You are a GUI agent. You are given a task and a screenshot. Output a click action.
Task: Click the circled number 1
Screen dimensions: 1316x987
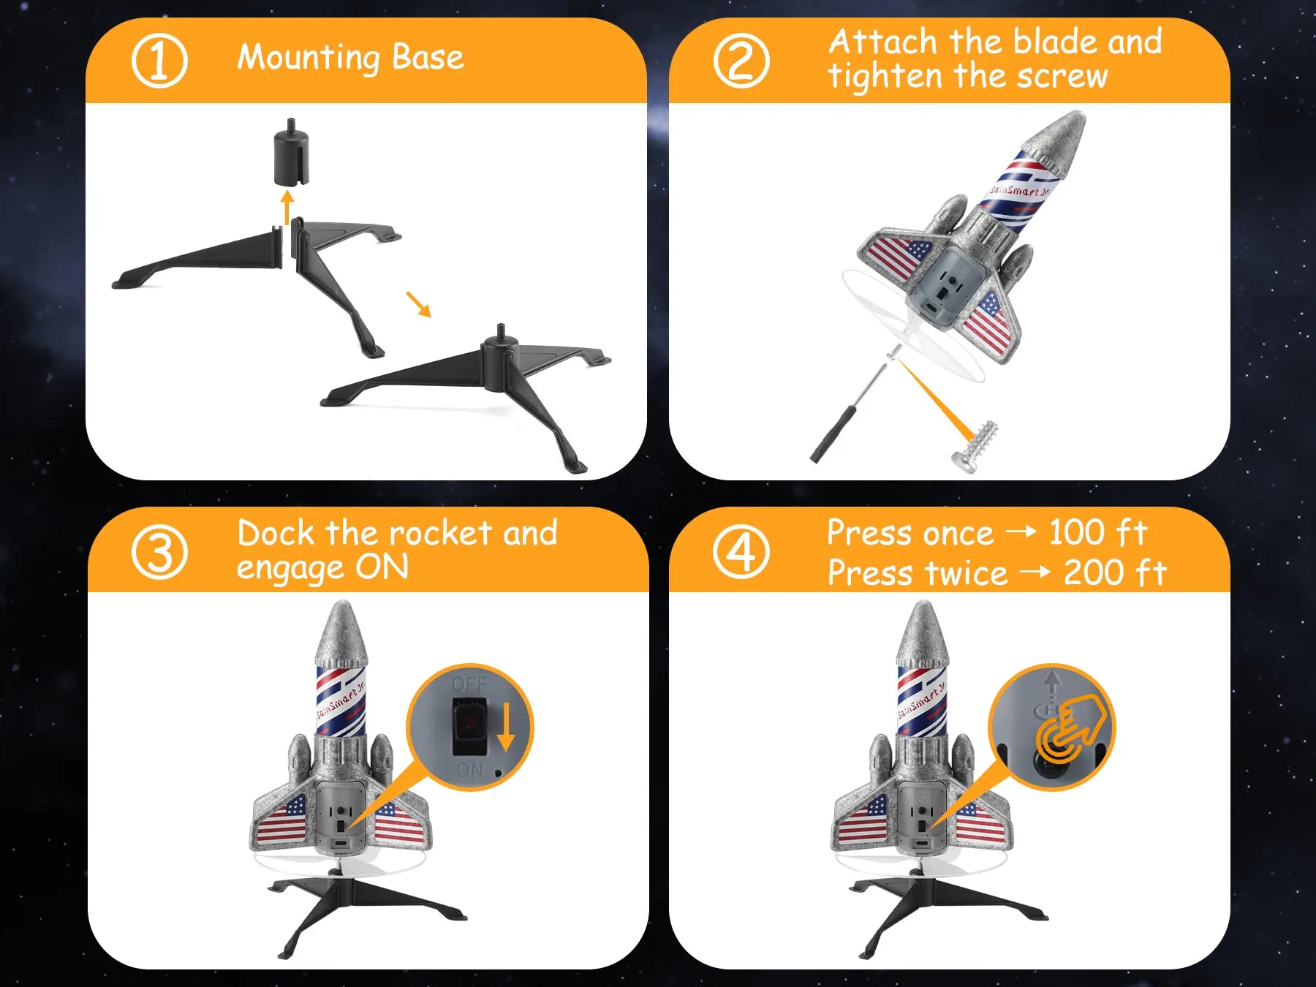tap(159, 61)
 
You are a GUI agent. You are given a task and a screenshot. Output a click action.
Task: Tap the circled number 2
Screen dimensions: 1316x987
tap(741, 61)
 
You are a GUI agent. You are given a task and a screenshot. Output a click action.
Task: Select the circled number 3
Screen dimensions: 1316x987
tap(159, 552)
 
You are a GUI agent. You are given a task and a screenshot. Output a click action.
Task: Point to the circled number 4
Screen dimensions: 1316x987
tap(741, 552)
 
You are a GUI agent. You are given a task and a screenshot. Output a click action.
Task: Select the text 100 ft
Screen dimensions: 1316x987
tap(1098, 532)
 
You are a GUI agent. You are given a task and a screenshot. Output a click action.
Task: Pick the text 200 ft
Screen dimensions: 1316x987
tap(1115, 572)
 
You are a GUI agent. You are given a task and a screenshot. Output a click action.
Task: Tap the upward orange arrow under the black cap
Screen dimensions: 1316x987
tap(287, 208)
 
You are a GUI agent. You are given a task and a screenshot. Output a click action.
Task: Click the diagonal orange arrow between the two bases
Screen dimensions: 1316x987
tap(419, 304)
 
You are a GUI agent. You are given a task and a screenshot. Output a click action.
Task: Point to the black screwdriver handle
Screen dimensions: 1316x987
tap(834, 434)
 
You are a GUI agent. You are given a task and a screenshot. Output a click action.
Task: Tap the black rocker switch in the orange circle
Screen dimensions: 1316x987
tap(469, 726)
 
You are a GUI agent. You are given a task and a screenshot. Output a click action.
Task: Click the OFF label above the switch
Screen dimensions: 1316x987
tap(469, 684)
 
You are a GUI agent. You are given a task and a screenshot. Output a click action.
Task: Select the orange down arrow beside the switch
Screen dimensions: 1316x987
tap(505, 727)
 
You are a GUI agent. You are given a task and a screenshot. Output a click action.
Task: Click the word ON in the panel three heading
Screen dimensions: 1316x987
tap(382, 567)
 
